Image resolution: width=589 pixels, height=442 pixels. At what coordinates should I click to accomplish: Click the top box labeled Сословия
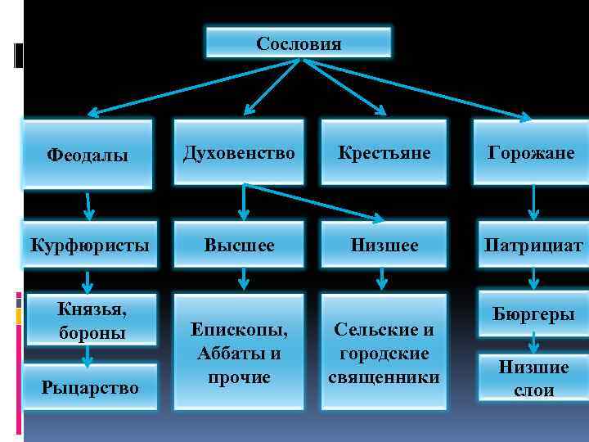[x=298, y=43]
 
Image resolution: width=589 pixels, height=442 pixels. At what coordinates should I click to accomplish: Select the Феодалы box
[x=88, y=155]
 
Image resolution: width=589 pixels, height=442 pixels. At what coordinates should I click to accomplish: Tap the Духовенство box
[x=239, y=152]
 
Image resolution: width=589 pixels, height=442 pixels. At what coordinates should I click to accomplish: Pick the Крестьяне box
[x=383, y=152]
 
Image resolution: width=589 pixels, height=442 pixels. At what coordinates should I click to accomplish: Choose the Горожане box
[x=531, y=152]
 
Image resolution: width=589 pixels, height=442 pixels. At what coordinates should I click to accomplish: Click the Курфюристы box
[x=88, y=245]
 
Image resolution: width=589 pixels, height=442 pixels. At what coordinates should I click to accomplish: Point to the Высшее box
[x=239, y=245]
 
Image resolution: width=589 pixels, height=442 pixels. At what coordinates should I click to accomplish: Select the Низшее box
[x=383, y=245]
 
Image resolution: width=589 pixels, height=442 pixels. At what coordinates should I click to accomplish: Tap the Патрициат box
[x=533, y=245]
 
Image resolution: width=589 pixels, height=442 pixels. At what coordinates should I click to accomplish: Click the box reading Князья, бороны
[x=88, y=320]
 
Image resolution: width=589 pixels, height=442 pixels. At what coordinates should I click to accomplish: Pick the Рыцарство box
[x=88, y=386]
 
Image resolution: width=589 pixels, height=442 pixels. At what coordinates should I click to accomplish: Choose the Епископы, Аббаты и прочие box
[x=239, y=353]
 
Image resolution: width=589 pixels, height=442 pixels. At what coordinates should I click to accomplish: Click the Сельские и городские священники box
[x=383, y=353]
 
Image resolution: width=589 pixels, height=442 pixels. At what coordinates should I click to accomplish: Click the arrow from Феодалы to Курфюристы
[x=88, y=205]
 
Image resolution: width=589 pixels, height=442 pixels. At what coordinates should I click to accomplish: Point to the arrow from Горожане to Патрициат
[x=533, y=203]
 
